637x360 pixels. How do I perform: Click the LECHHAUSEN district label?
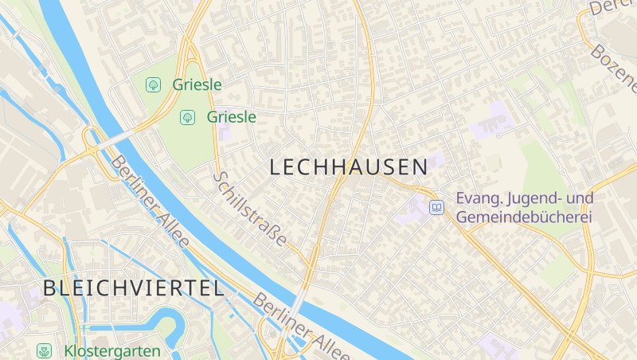tap(349, 167)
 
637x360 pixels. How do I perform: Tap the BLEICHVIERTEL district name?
tap(134, 288)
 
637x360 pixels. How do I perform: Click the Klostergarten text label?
tap(112, 350)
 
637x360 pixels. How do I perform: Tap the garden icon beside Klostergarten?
tap(45, 350)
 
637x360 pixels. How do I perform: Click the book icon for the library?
tap(436, 208)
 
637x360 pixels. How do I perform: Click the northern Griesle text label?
tap(196, 84)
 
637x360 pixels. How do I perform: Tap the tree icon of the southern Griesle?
tap(187, 117)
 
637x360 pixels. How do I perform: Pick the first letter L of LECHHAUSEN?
tap(276, 167)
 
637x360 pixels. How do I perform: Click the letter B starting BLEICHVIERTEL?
tap(51, 288)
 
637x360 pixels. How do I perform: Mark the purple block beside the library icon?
tap(418, 209)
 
